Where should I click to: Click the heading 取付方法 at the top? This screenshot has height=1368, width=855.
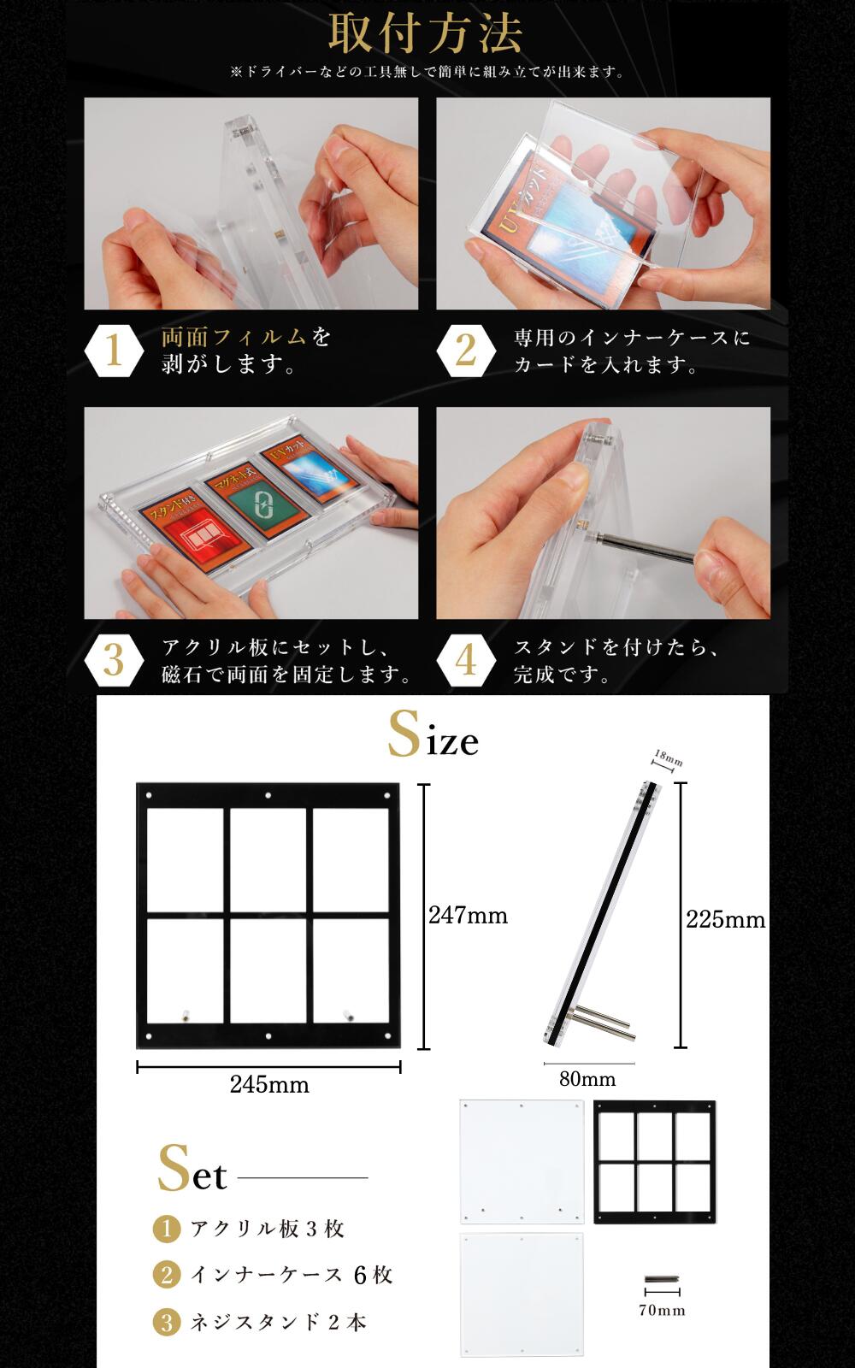[425, 34]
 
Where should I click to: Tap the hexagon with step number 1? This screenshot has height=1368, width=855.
[114, 351]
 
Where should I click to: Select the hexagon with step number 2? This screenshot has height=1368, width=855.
[466, 351]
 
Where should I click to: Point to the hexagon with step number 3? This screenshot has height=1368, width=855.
[114, 660]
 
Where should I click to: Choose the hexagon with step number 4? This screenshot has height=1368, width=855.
[466, 660]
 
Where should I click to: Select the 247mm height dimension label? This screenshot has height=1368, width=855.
[468, 916]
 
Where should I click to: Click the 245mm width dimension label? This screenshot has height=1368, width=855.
[269, 1085]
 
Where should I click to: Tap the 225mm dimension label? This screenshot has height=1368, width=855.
[725, 920]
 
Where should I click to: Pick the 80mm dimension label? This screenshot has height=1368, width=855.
[587, 1080]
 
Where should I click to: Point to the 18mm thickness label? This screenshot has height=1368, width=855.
[668, 758]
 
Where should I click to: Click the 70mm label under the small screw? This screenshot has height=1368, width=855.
[662, 1310]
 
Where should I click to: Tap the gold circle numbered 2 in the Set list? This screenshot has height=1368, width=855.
[167, 1276]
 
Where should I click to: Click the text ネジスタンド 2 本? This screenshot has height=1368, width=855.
[278, 1323]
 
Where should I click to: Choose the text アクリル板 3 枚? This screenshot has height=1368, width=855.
[267, 1229]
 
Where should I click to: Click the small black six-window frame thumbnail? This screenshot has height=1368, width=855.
[654, 1162]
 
